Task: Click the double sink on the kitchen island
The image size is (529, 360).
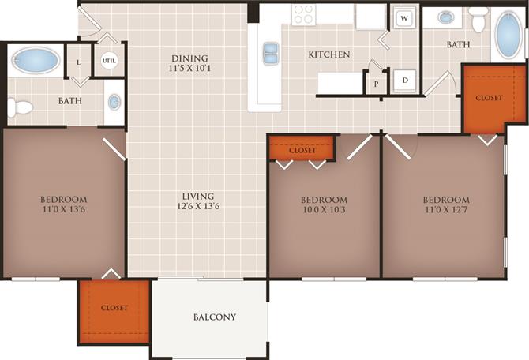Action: point(270,53)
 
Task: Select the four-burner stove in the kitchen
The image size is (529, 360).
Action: point(303,15)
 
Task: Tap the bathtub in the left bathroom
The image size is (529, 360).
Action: point(36,60)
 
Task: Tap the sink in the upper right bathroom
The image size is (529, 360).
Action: point(446,17)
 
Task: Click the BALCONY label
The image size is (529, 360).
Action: point(215,317)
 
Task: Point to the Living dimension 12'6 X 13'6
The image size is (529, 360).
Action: point(197,207)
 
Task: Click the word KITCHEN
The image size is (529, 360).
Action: point(328,54)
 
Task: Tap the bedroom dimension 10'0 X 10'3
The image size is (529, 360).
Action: point(324,210)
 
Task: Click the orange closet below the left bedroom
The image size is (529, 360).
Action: point(114,308)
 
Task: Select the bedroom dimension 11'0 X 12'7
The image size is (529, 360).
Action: point(445,211)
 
